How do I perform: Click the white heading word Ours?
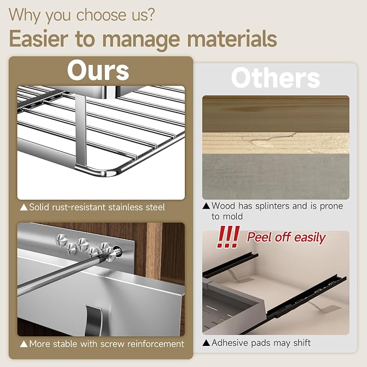98,70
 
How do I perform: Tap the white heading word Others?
276,78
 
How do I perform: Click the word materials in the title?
232,39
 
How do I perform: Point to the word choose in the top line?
101,15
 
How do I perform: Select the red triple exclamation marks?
228,237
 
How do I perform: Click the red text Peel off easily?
286,237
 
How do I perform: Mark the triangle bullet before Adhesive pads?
206,343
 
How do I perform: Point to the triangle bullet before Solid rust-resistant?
24,208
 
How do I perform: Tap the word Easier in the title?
38,39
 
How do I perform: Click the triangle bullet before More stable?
24,344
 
